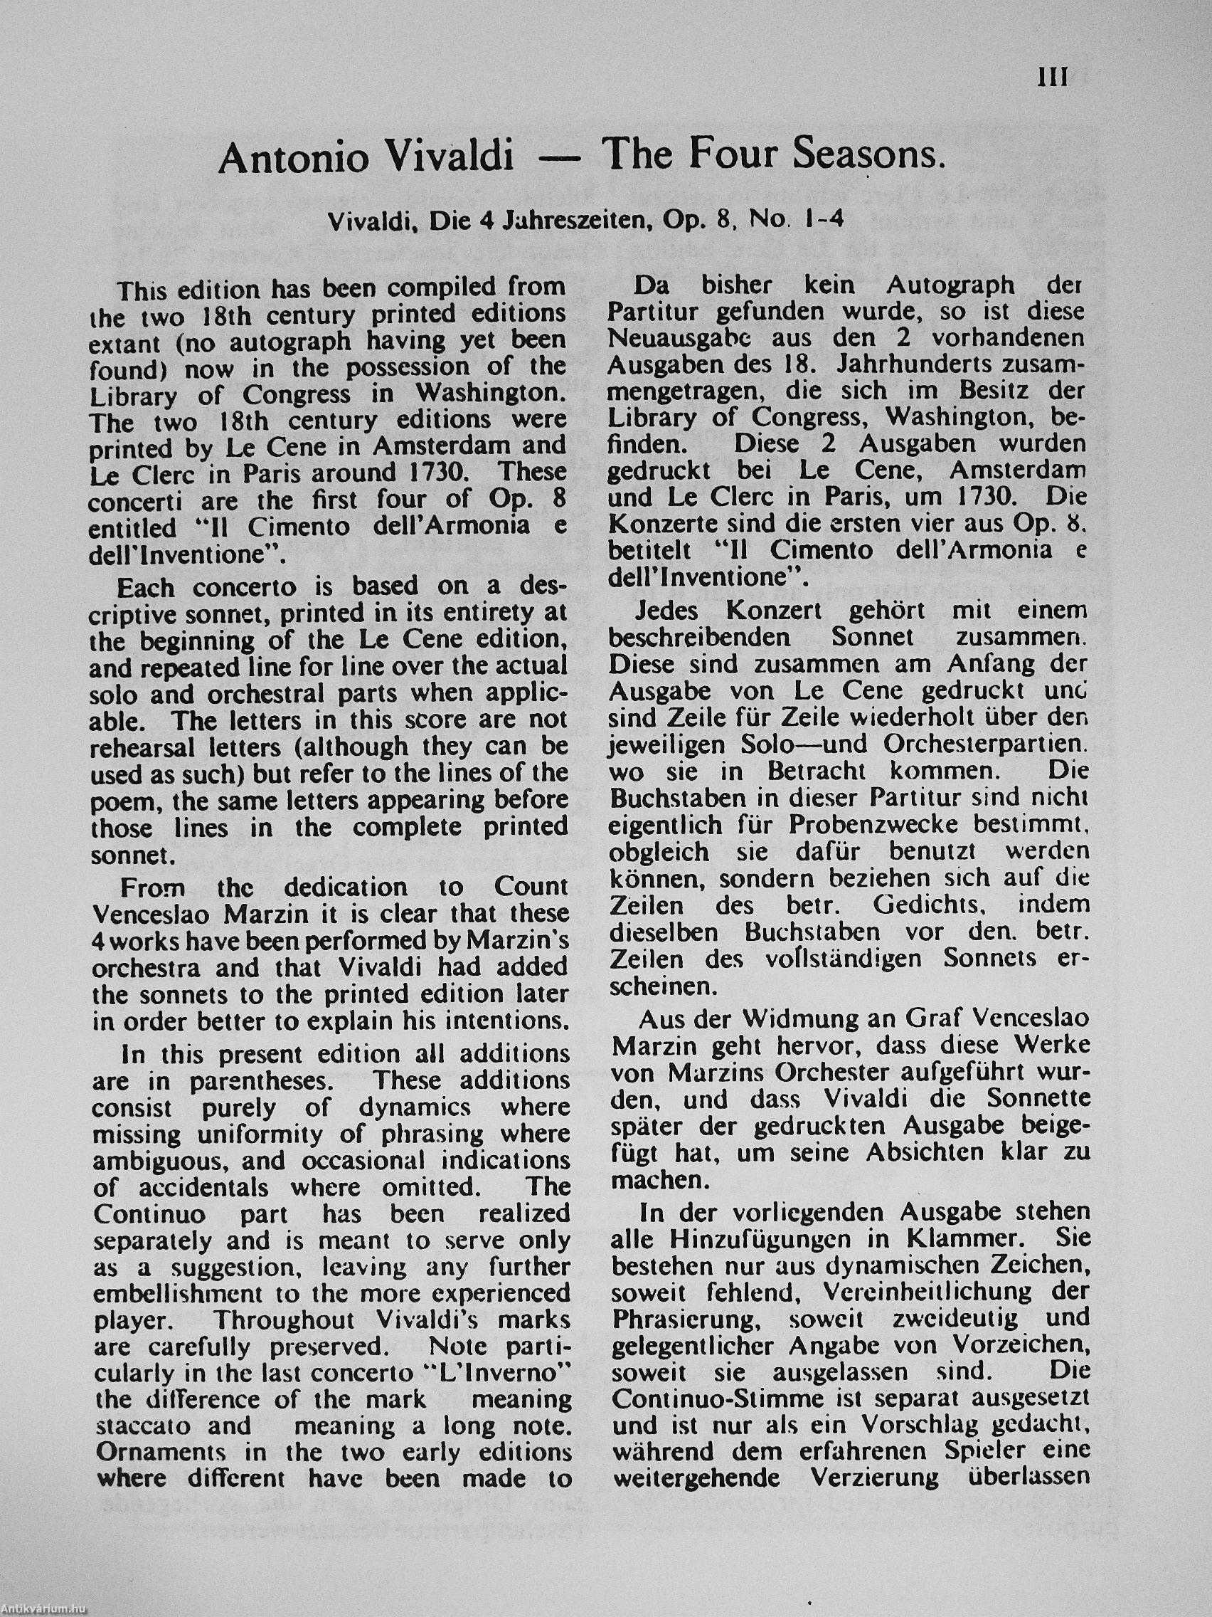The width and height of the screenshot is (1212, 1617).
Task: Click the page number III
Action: [x=1052, y=78]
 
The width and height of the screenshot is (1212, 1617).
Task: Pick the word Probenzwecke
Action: [x=863, y=826]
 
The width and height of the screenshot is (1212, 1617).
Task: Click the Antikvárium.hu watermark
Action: [x=44, y=1608]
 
